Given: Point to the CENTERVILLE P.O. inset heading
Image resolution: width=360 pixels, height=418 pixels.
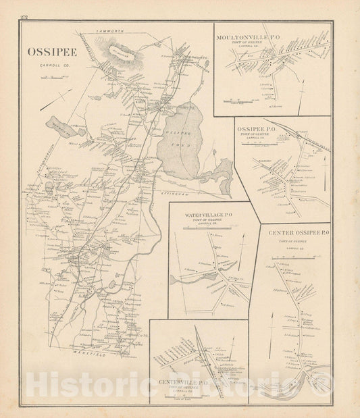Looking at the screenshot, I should pyautogui.click(x=184, y=383).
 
